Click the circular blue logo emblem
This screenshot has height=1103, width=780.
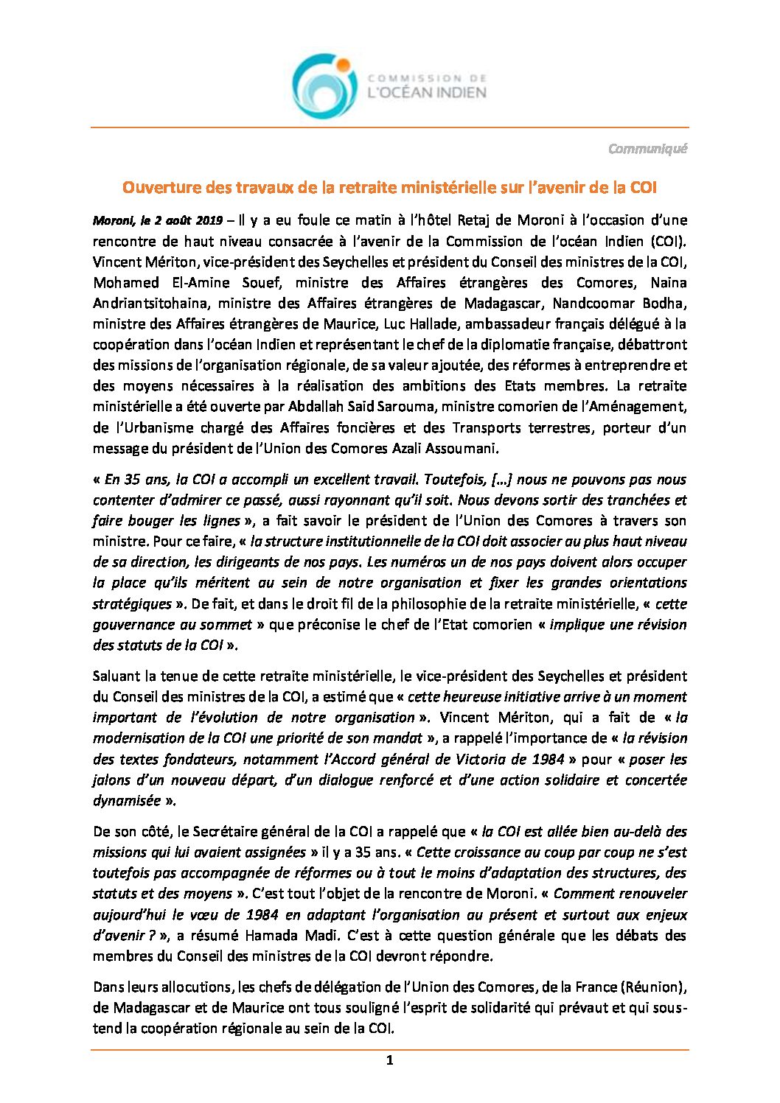click(x=323, y=87)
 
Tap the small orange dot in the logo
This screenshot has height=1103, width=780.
click(x=343, y=65)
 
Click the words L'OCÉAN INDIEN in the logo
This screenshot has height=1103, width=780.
click(x=427, y=93)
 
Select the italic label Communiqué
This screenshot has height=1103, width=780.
click(x=647, y=149)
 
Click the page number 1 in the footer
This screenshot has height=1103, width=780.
click(x=390, y=1061)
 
